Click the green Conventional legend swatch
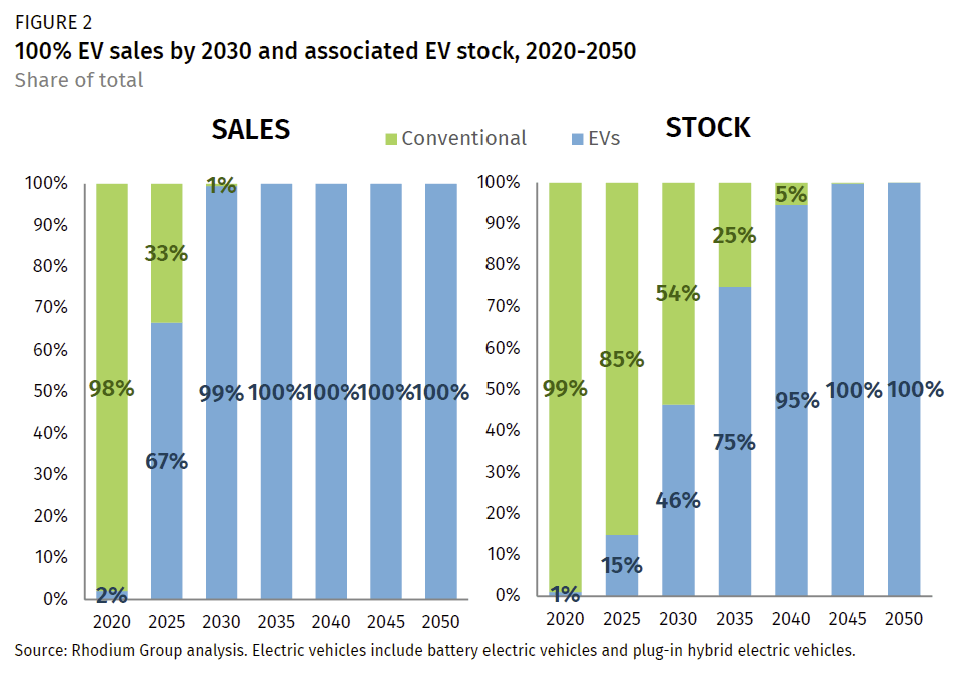click(x=391, y=138)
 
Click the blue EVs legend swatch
click(x=574, y=138)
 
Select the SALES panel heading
click(x=250, y=130)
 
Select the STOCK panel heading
click(x=708, y=127)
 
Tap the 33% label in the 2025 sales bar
click(x=166, y=253)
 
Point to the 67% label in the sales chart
click(x=166, y=461)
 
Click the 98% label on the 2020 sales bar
click(x=111, y=388)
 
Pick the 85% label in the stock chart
click(x=621, y=358)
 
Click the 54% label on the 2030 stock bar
click(x=678, y=293)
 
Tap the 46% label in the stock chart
click(x=678, y=500)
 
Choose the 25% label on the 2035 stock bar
click(x=734, y=236)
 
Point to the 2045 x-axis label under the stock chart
click(x=846, y=619)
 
